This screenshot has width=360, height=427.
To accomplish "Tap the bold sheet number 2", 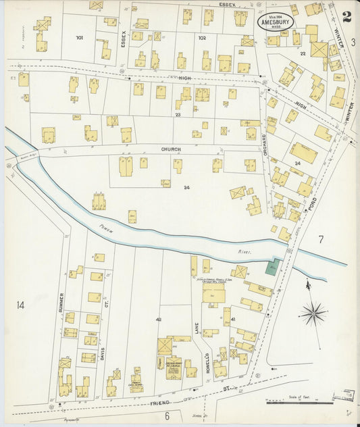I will click(346, 17).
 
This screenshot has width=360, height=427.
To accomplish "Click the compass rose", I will click(313, 313).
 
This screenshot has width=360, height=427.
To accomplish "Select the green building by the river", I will click(274, 267).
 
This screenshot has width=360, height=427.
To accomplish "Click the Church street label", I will click(170, 149).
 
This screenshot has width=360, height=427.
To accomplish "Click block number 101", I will click(80, 37).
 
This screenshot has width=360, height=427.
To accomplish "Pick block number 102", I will click(201, 38).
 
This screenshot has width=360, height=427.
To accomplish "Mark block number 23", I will click(178, 115).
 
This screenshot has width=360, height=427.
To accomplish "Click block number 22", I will click(303, 53).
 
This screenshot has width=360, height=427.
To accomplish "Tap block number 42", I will click(159, 319).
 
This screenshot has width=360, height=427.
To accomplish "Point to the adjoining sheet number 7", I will click(321, 238).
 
